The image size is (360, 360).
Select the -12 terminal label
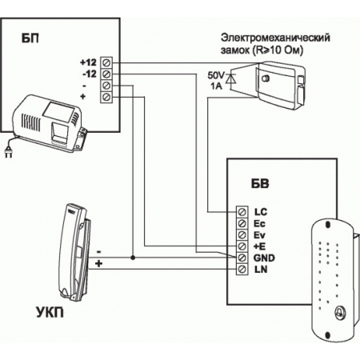click(89, 74)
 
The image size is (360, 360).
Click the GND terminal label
click(263, 259)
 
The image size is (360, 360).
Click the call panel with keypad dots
click(331, 280)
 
